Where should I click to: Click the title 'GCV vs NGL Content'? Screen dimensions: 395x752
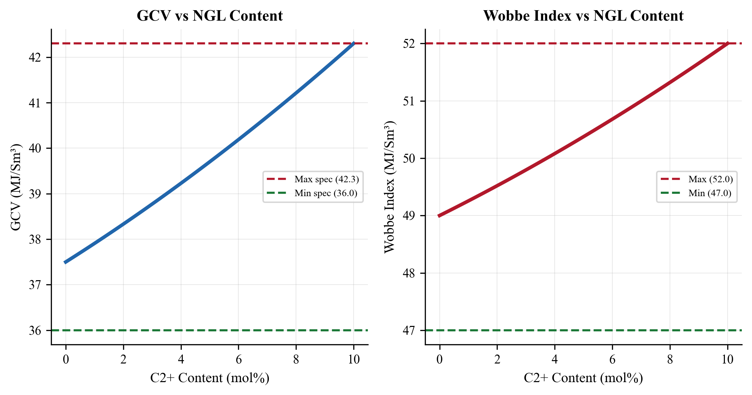pos(210,16)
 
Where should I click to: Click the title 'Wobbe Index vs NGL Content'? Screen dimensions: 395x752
pos(583,16)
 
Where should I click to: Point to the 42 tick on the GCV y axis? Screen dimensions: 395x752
pos(35,57)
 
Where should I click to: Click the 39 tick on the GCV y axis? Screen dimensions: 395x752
pos(35,194)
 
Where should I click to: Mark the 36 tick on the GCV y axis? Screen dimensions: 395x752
pos(35,330)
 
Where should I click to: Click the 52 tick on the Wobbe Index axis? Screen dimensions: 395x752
pos(409,44)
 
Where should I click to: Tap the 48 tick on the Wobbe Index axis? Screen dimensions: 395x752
pos(409,273)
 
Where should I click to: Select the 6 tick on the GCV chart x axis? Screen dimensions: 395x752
pos(238,359)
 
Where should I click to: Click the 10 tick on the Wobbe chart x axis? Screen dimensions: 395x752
pos(727,359)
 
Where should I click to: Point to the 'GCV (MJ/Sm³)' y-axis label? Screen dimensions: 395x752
pos(16,187)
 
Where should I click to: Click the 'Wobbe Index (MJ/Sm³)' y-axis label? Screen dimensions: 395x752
pos(390,187)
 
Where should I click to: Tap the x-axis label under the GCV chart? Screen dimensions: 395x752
pos(210,378)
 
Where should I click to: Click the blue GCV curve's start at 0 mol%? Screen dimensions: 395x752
pos(66,262)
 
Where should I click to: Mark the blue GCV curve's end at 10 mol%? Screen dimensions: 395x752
pos(353,44)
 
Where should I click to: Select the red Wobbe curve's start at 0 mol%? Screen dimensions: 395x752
pos(440,215)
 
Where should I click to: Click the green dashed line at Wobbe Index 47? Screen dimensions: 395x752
pos(583,330)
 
